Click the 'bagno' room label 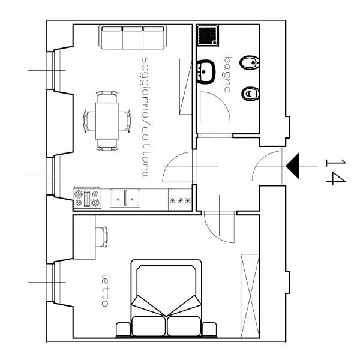227,74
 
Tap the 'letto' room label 105,290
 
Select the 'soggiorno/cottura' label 146,117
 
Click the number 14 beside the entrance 335,172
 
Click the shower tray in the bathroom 208,36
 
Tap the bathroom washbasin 206,72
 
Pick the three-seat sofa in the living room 133,37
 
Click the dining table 107,121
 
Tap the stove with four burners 87,199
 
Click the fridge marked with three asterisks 180,199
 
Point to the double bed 166,299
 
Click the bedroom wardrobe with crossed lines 250,296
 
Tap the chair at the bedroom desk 101,237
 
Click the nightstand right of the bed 209,329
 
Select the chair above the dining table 107,97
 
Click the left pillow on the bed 149,326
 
